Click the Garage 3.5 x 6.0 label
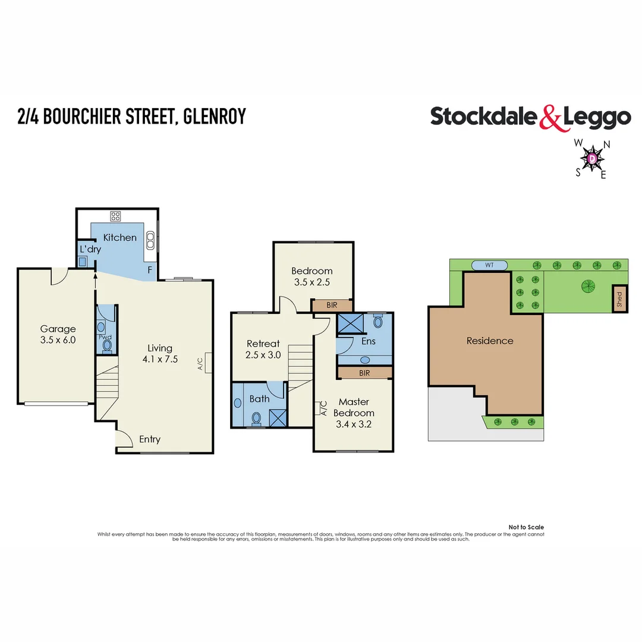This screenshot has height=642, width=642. pos(58,334)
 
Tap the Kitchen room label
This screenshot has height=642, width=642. pos(120,238)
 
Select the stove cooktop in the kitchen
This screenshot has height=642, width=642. pos(115,216)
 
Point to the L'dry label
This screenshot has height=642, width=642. pos(90,250)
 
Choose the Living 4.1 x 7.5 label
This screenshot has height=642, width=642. pos(160,354)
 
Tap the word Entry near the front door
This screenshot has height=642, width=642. pos(150,439)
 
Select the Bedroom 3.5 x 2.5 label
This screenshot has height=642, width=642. pos(313,277)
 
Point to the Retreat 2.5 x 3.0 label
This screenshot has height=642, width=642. pos(263,349)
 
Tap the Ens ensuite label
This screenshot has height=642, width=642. pos(368,342)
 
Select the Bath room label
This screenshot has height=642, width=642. pos(259,399)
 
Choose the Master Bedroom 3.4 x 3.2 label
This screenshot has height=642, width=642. pos(354,413)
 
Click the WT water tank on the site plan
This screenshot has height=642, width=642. pos(489,265)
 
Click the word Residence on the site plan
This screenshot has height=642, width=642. pos(489,341)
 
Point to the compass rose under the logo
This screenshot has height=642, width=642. pos(593,158)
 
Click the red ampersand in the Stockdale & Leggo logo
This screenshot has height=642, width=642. pos(550,118)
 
